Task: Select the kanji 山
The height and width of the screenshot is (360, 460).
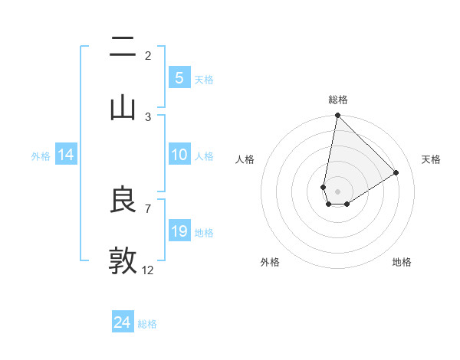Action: point(123,106)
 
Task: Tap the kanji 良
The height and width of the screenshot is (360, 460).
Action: point(123,200)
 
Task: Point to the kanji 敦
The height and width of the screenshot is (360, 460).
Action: point(123,260)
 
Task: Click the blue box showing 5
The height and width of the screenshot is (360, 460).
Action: point(179,78)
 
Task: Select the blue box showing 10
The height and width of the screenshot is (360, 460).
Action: point(179,155)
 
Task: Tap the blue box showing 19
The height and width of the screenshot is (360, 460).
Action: point(179,231)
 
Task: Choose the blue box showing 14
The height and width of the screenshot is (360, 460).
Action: point(66,155)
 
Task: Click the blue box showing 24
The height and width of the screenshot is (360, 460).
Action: point(122,322)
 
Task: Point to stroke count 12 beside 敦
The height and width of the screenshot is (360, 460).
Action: point(148,270)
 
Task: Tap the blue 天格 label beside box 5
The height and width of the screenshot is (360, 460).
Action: point(204,80)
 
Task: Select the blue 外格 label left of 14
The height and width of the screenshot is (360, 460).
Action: point(41,156)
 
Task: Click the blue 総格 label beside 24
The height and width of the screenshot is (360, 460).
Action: point(147,324)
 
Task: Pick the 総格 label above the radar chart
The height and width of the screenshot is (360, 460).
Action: point(338,100)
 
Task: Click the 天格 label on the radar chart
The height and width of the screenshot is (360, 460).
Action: point(431,159)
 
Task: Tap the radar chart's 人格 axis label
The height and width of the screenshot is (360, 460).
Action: point(245,159)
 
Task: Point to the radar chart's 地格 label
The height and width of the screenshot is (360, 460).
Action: point(402,262)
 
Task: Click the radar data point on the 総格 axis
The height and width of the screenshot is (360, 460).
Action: point(337,116)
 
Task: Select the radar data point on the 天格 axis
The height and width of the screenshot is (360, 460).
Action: point(396,172)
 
